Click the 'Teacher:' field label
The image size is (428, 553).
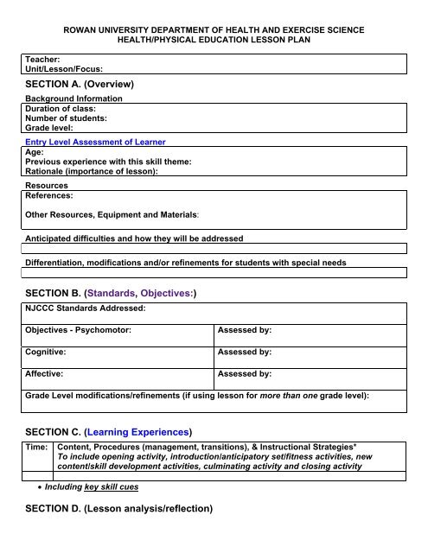[x=42, y=57]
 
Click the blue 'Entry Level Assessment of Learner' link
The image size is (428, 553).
[x=95, y=141]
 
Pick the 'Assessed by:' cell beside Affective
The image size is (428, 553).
[x=246, y=375]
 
